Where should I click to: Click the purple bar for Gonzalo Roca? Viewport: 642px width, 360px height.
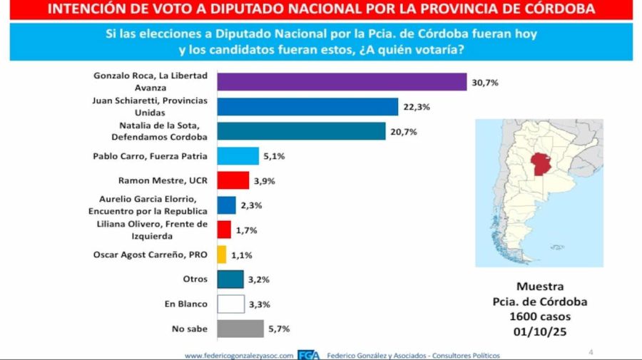point(341,83)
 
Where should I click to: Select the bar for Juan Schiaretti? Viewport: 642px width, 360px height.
point(307,107)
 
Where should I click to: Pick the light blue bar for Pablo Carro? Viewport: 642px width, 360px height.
point(238,156)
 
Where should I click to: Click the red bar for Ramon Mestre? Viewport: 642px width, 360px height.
point(233,180)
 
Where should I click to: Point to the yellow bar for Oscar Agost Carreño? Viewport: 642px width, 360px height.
point(221,254)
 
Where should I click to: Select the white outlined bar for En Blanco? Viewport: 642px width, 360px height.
point(230,304)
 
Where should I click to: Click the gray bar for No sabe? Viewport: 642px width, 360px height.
point(240,329)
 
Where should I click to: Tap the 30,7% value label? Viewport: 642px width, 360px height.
point(484,83)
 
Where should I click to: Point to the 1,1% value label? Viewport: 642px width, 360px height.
point(241,254)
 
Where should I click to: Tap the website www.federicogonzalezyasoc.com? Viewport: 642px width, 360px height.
point(239,355)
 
